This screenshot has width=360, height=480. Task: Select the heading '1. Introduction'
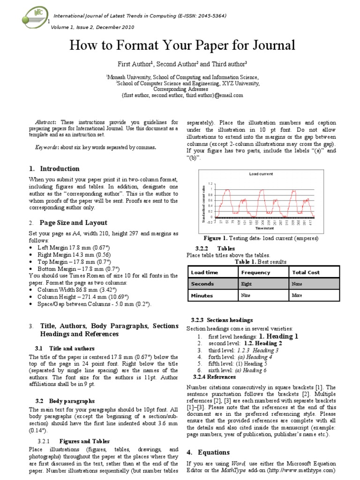[x=54, y=169]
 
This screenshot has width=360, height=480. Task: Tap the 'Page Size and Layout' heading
[x=73, y=223]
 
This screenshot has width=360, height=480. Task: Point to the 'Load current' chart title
[x=261, y=174]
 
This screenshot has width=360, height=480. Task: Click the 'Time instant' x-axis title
[x=265, y=229]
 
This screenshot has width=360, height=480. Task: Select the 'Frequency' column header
[x=255, y=272]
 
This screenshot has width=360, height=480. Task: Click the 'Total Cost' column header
[x=306, y=272]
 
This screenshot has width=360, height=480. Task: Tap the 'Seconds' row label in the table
[x=202, y=284]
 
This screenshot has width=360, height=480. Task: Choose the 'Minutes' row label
[x=202, y=296]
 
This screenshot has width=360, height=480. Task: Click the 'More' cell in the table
[x=297, y=296]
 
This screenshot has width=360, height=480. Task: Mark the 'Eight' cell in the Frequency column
[x=246, y=284]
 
